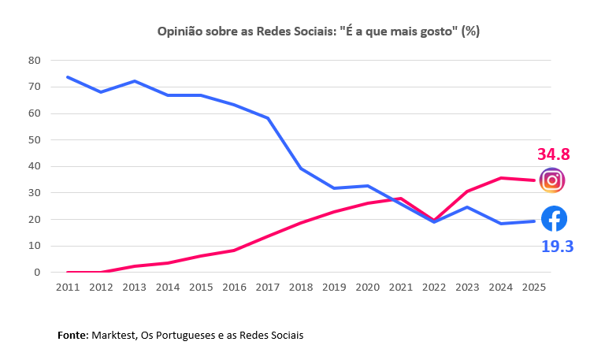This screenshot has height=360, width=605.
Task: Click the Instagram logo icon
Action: [x=552, y=180]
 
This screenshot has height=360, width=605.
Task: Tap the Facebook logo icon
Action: [x=554, y=218]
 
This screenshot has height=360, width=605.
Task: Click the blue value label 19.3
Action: [x=557, y=247]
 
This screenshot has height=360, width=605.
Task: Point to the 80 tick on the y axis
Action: [x=34, y=60]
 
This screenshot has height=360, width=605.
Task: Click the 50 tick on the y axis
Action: [x=34, y=139]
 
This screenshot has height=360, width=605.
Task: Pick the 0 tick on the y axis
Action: [x=37, y=273]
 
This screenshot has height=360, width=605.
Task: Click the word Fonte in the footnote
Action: [x=72, y=336]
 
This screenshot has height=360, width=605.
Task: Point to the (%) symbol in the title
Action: [x=470, y=32]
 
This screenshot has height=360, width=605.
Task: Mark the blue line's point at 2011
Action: [x=69, y=77]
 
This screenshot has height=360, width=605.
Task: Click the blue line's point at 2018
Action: [x=302, y=169]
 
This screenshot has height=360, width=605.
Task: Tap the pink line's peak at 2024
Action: [x=502, y=178]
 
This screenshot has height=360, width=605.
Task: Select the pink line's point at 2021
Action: [x=402, y=199]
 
